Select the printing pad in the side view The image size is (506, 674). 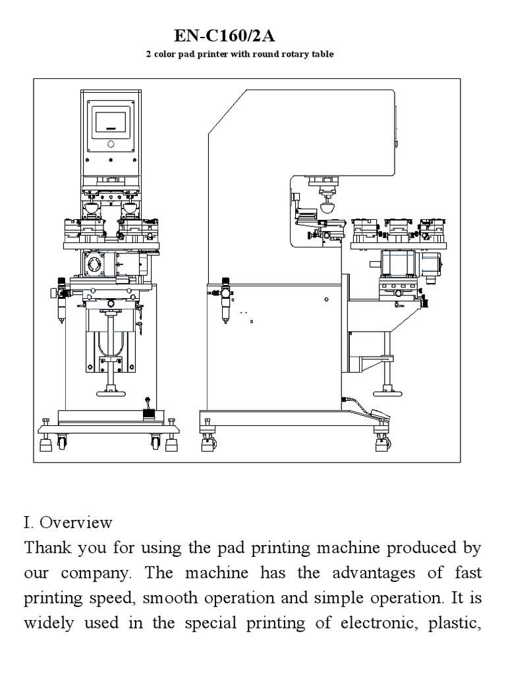(x=326, y=206)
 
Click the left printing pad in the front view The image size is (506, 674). (x=92, y=209)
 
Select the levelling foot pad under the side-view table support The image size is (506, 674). (x=380, y=392)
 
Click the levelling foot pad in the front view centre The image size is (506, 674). (x=110, y=393)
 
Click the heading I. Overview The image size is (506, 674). (x=68, y=523)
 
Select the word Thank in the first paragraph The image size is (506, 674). (x=45, y=548)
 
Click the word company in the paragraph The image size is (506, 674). (x=98, y=573)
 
